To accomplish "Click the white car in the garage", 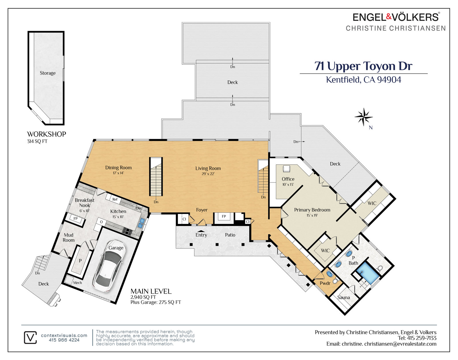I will [x=107, y=266].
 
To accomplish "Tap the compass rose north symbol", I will [x=364, y=117].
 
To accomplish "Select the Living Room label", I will [x=208, y=168].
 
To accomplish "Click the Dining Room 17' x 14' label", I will [x=118, y=170].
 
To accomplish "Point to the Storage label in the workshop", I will [x=48, y=73].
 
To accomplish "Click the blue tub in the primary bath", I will [x=367, y=273].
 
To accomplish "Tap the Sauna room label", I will [x=343, y=298].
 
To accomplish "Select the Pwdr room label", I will [x=325, y=283].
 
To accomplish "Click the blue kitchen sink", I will [x=141, y=223].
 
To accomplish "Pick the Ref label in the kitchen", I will [x=115, y=199].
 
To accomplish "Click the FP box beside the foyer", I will [x=224, y=216].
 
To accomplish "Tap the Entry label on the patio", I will [x=201, y=235].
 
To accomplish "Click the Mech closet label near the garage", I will [x=77, y=283].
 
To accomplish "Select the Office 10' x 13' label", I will [x=288, y=181].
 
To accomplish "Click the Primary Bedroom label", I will [x=312, y=210].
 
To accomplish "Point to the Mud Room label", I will [x=68, y=238].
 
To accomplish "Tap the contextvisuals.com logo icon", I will [x=30, y=337].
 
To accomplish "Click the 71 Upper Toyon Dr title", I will [x=363, y=66].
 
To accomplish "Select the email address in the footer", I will [x=381, y=344].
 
